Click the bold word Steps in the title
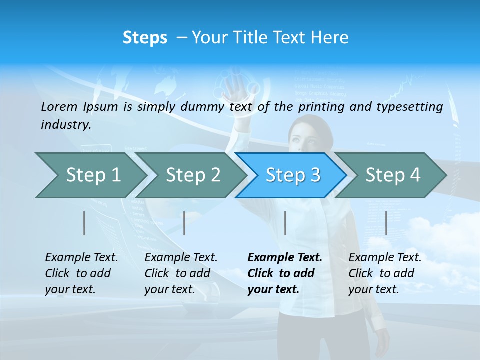click(145, 38)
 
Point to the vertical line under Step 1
click(84, 223)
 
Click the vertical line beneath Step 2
click(184, 223)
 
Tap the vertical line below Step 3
click(285, 223)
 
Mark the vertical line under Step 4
click(386, 223)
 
